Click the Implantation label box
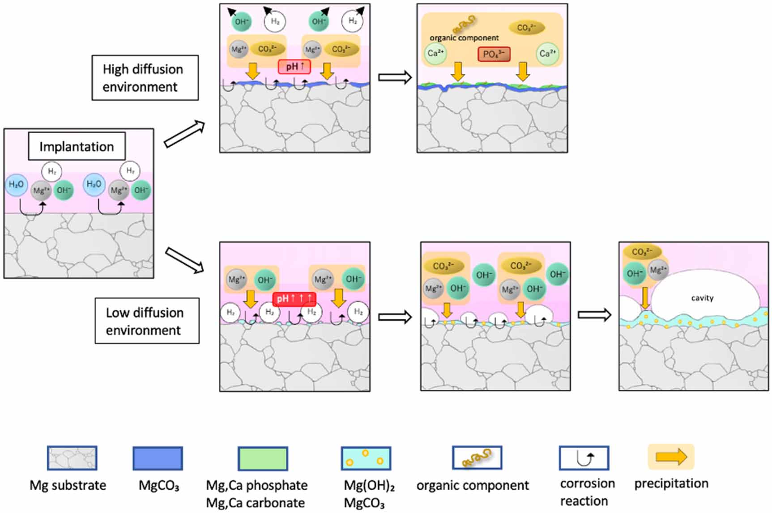[77, 146]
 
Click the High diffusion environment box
[145, 78]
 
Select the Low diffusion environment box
[147, 321]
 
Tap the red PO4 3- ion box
[494, 54]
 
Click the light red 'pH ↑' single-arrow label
[294, 67]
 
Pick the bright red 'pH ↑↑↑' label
[294, 298]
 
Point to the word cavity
[702, 298]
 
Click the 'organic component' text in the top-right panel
[464, 38]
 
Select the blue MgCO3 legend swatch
[158, 458]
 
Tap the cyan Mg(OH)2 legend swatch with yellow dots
[366, 458]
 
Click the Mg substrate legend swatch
[72, 458]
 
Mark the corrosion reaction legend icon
[584, 458]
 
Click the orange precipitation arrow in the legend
[671, 457]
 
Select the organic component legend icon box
[477, 458]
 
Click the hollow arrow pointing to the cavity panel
[594, 315]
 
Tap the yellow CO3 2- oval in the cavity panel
[642, 252]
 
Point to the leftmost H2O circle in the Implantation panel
[17, 184]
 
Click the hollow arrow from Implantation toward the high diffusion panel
[184, 134]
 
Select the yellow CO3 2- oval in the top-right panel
[527, 28]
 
